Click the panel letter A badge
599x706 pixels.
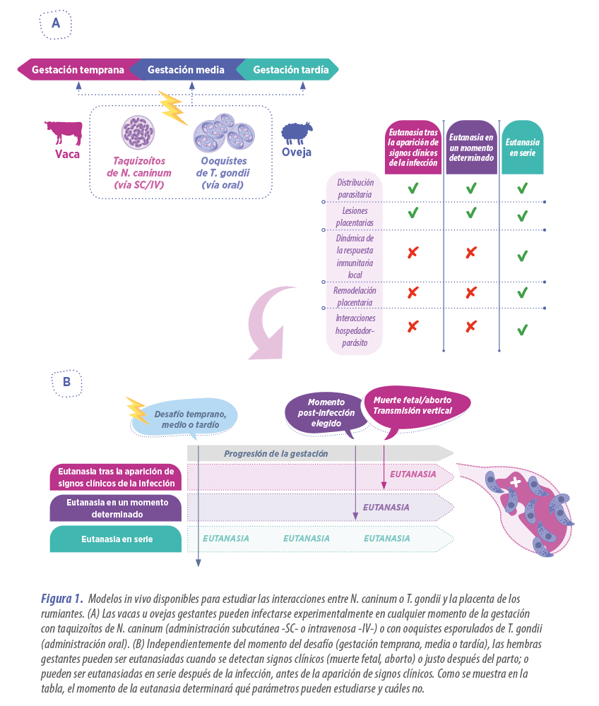pos(56,24)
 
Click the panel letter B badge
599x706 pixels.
pos(66,382)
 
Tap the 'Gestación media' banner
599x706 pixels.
pos(186,70)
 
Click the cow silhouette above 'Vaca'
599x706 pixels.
pos(64,132)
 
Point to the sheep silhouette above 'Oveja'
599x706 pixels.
pos(297,133)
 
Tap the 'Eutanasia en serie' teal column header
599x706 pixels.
pos(522,147)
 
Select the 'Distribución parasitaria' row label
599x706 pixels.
pos(355,189)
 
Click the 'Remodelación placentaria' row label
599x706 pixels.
pos(355,296)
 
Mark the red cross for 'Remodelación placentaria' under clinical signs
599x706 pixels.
pos(413,292)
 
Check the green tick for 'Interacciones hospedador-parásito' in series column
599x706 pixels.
pos(522,330)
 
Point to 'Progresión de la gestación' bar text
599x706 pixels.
pos(275,453)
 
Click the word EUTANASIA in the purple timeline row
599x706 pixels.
pos(386,507)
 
